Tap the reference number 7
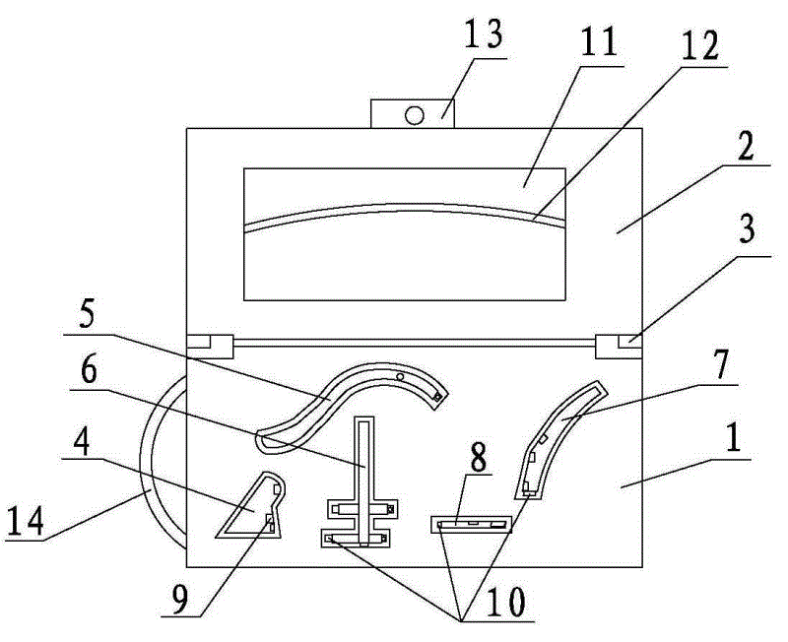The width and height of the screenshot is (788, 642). pyautogui.click(x=720, y=365)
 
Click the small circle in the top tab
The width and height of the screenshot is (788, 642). pyautogui.click(x=414, y=115)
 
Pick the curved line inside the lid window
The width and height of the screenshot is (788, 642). pyautogui.click(x=404, y=209)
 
